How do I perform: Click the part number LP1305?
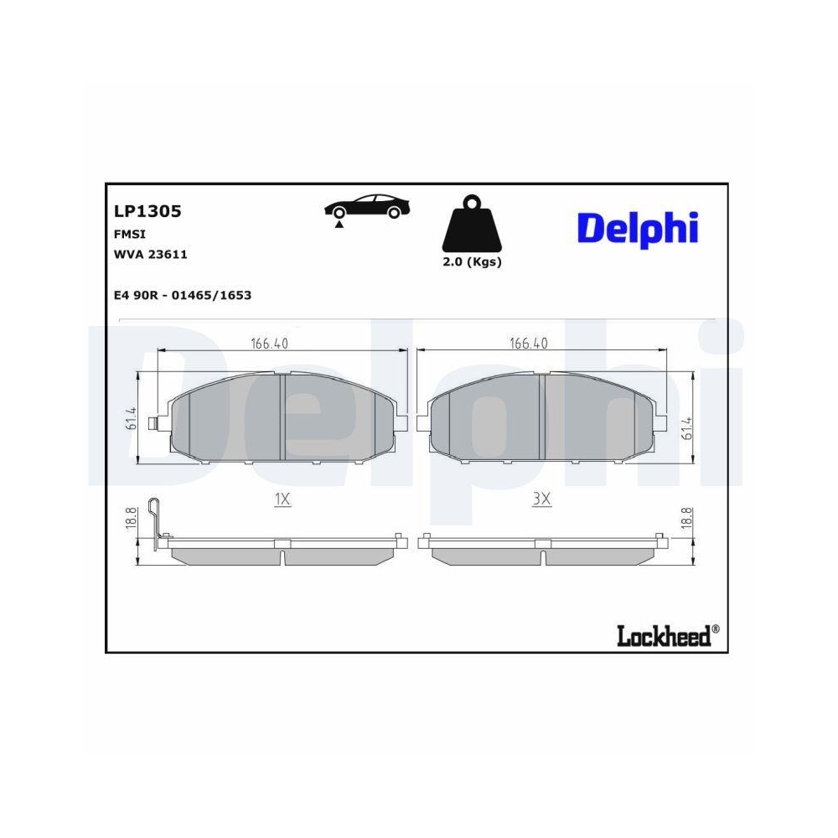147,211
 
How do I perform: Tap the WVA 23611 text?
150,255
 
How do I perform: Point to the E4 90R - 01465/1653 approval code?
183,295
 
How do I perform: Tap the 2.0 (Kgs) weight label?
472,261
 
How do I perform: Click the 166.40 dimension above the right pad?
529,343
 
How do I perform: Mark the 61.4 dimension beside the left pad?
132,419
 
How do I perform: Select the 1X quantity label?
282,499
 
